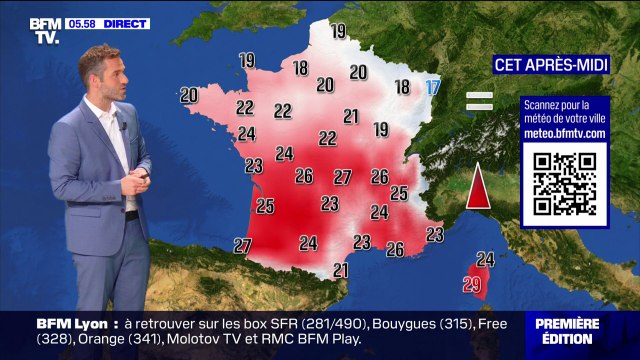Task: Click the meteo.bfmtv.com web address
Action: pos(565,132)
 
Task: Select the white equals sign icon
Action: pos(481,100)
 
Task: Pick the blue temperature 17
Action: pos(432,87)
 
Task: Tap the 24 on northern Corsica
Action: pos(486,259)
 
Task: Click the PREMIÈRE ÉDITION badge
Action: pos(567,331)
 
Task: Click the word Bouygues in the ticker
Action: pos(408,323)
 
